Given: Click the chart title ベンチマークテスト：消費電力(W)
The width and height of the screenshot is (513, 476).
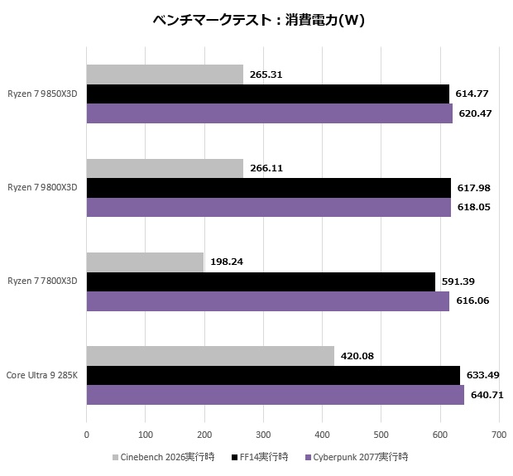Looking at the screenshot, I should (x=258, y=21).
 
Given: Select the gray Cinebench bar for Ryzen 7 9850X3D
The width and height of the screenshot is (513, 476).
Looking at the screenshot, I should (x=165, y=75).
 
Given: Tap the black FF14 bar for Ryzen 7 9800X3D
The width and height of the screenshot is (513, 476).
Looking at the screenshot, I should (x=268, y=187).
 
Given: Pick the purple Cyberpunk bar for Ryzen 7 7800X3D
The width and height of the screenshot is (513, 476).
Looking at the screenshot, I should (x=267, y=301).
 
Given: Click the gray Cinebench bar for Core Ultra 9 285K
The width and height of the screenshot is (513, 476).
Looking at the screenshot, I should (x=210, y=356).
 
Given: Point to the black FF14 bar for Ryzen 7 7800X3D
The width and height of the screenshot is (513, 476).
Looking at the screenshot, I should (x=261, y=281).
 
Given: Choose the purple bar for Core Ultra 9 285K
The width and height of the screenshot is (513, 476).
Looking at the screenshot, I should (x=275, y=395).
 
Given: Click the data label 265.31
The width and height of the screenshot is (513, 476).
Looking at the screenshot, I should (x=266, y=75).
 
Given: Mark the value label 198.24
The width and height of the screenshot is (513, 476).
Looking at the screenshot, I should (x=226, y=262).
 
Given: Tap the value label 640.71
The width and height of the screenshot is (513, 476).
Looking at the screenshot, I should (x=486, y=395).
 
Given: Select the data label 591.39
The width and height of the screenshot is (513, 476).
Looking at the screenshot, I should (x=458, y=281).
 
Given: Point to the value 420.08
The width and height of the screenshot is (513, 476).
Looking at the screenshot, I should (x=357, y=356).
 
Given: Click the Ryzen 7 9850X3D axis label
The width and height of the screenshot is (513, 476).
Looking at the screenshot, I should (x=42, y=94).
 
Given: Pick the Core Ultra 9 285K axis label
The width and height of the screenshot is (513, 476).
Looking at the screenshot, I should (x=42, y=375).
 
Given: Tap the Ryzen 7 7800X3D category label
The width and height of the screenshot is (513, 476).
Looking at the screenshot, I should (x=42, y=281).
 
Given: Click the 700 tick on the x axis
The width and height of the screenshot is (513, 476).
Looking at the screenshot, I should (x=498, y=433).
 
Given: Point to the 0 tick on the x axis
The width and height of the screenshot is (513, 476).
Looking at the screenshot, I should (x=87, y=433).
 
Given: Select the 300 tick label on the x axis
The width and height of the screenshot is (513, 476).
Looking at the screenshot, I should (x=263, y=433).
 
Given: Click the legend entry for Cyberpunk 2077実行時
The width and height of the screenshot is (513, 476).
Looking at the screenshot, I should (x=357, y=457).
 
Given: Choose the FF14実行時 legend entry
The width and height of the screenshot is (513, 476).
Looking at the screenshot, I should (x=260, y=457).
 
